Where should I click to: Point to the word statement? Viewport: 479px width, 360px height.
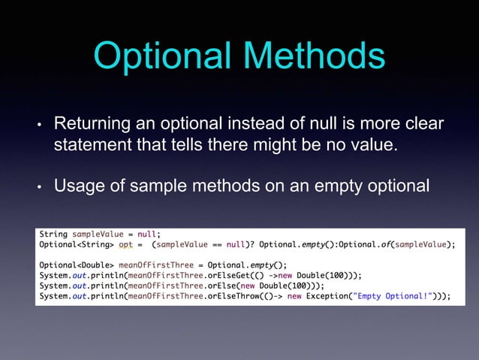coord(89,144)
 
